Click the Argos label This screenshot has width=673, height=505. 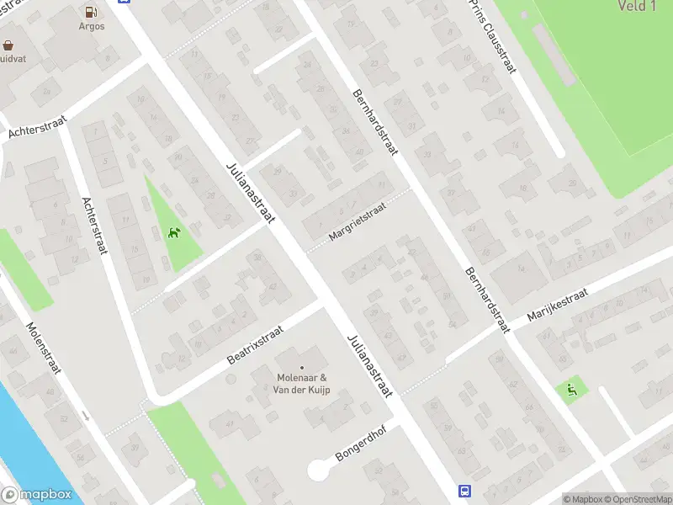click(93, 26)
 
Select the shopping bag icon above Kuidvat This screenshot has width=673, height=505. click(8, 45)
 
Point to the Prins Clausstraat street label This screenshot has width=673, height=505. click(493, 36)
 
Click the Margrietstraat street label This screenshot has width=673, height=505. click(358, 221)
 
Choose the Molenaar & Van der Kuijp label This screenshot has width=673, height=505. click(302, 383)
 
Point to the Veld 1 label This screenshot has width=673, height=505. click(636, 7)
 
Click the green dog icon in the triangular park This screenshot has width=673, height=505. click(174, 232)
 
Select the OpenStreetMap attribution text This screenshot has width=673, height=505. click(635, 499)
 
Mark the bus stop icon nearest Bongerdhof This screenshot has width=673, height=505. click(464, 491)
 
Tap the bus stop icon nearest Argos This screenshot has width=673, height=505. click(125, 2)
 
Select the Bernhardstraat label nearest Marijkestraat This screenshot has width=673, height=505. click(486, 299)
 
